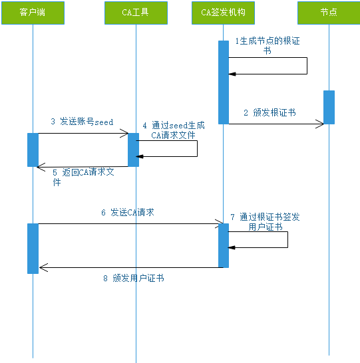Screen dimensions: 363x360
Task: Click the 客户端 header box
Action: tap(33, 13)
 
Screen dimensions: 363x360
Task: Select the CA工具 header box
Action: tap(136, 13)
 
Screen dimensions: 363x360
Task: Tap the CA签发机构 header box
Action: tap(224, 13)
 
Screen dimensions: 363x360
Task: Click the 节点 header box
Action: tap(329, 13)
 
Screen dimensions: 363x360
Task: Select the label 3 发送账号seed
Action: tap(82, 122)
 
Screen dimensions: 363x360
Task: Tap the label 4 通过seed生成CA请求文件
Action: tap(173, 130)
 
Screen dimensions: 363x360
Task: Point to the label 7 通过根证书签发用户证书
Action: tap(265, 221)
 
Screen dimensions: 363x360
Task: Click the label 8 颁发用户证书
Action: tap(133, 278)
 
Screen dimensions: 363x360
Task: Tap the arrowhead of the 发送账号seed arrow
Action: tap(124, 134)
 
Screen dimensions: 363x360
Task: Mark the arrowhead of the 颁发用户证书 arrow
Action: tap(43, 268)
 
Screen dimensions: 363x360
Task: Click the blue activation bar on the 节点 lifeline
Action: tap(329, 107)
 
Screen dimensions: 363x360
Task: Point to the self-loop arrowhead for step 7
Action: tap(233, 247)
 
